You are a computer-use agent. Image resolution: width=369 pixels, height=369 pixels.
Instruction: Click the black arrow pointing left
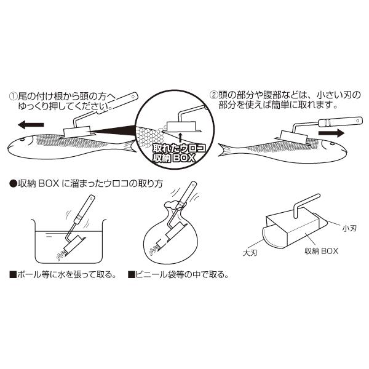(x=31, y=124)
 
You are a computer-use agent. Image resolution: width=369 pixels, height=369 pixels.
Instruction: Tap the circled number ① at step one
(x=12, y=96)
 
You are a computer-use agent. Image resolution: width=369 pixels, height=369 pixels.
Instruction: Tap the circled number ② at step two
(x=214, y=96)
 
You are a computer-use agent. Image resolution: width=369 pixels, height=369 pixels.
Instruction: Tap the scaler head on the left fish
(x=76, y=131)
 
